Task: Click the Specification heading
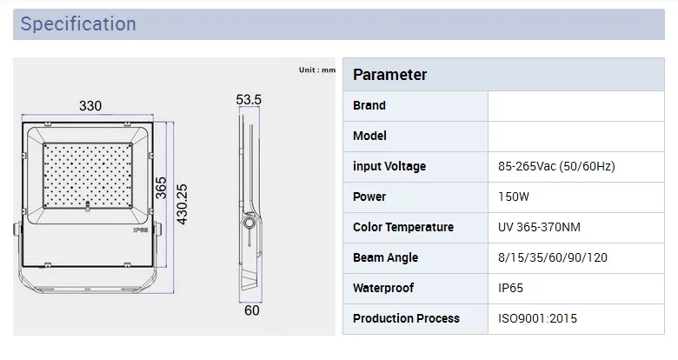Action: tap(78, 24)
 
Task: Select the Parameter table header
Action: tap(389, 75)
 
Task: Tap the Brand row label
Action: tap(369, 105)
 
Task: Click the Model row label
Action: tap(369, 136)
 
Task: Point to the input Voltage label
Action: tap(389, 167)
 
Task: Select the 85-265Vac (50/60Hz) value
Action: tap(556, 167)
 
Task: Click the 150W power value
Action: tap(514, 197)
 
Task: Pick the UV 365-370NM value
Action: tap(539, 227)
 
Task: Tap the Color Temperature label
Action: tap(403, 227)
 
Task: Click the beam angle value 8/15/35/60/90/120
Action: tap(553, 258)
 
